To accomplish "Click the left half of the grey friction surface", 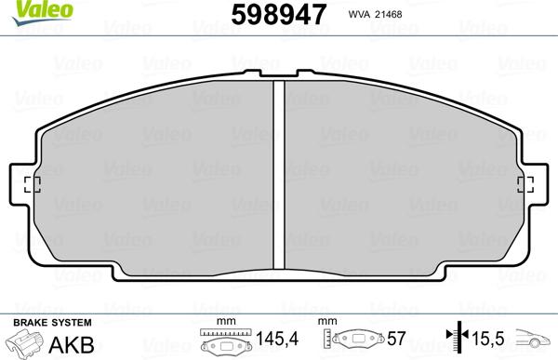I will point(158,177).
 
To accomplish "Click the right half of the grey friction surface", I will point(400,177).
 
